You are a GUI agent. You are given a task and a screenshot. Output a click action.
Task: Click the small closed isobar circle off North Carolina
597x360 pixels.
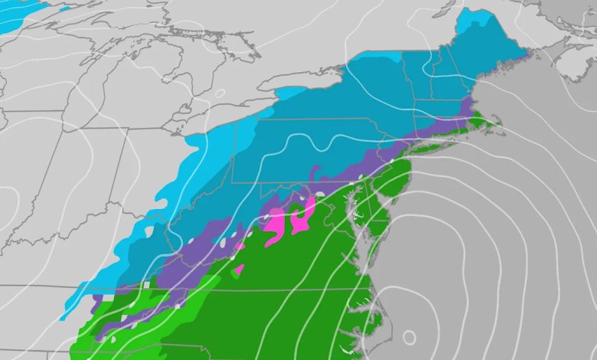(x=409, y=335)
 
